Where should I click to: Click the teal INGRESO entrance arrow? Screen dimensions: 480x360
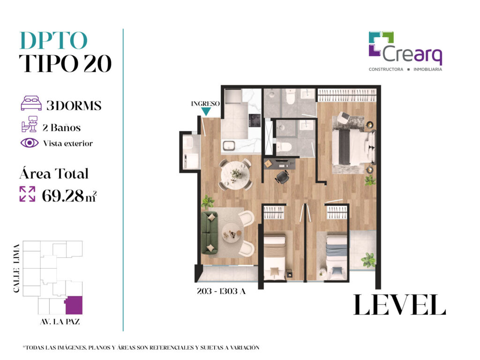point(206,112)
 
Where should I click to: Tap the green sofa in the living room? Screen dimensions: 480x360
point(210,233)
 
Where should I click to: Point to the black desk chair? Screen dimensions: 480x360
point(282,177)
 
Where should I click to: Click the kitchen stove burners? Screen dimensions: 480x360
point(255,120)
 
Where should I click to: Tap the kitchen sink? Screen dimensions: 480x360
point(229,145)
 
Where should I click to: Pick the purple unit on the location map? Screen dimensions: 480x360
point(74,306)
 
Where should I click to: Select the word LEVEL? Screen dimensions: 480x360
point(399,305)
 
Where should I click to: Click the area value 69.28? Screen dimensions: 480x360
point(62,195)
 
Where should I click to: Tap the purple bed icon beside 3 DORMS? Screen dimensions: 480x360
point(31,103)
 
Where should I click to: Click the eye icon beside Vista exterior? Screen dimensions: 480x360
point(30,143)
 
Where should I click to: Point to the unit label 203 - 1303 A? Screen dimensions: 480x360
point(221,291)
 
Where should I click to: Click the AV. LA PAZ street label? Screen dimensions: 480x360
point(60,322)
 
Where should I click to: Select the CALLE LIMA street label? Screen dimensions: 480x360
point(16,268)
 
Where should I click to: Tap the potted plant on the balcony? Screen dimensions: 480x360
point(368,260)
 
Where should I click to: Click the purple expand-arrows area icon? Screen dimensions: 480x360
point(27,194)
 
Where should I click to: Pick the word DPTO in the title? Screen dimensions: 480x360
point(53,41)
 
